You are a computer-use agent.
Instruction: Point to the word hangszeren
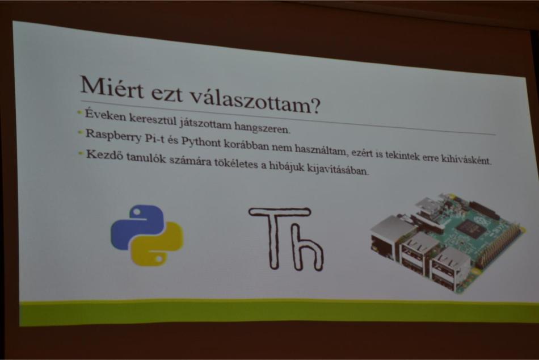tap(263, 127)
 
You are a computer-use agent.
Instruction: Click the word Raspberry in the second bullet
tap(113, 135)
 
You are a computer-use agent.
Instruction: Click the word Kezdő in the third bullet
tap(103, 154)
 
